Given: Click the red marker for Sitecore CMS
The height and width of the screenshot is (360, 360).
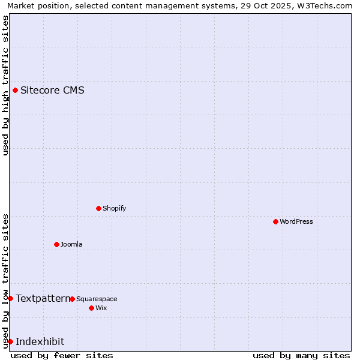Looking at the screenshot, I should [15, 91].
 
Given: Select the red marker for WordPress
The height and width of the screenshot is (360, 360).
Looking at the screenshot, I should [275, 221].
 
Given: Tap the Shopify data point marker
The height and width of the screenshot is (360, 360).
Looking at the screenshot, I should [98, 208].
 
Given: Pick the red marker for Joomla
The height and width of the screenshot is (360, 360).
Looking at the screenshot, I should [56, 244].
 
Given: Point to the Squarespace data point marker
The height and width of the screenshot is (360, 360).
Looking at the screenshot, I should [72, 299].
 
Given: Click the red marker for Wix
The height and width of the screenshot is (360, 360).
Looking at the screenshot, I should [91, 308].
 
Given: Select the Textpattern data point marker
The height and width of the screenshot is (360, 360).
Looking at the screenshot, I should [10, 298].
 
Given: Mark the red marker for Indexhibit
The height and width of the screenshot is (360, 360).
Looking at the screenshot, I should [10, 341].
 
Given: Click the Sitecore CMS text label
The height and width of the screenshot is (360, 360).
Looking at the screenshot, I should [52, 91].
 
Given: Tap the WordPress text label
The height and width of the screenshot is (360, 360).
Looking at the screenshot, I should [296, 221].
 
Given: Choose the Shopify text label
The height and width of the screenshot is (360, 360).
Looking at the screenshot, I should [114, 208].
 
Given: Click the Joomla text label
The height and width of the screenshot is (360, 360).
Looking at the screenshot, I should [71, 244].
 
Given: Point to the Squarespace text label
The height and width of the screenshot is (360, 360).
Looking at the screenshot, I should [97, 299].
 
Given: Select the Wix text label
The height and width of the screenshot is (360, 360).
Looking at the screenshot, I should [101, 308].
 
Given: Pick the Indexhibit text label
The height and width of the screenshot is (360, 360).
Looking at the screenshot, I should [40, 341].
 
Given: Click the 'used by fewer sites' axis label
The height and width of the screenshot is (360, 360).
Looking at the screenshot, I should [62, 355].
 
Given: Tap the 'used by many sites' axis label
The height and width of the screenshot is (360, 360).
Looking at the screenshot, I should [301, 355].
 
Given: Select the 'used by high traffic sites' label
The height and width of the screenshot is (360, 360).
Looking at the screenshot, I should [5, 85].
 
